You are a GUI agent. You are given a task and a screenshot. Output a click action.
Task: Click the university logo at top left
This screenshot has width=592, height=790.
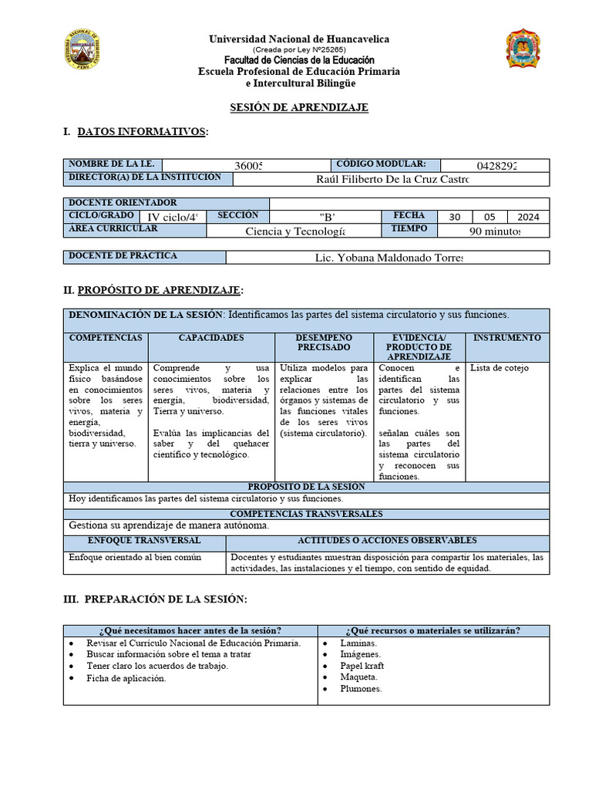click(x=80, y=52)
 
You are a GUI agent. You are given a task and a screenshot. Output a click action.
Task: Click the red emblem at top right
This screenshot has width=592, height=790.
click(x=523, y=51)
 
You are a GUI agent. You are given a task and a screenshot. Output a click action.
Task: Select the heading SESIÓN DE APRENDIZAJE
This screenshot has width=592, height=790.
click(x=300, y=107)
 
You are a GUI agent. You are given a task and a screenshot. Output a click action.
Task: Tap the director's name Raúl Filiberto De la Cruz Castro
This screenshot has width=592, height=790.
click(x=392, y=179)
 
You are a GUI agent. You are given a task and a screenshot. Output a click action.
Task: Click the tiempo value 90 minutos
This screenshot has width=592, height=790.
click(x=495, y=231)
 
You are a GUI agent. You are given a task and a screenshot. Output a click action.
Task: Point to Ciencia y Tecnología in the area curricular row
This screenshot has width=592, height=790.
click(x=295, y=231)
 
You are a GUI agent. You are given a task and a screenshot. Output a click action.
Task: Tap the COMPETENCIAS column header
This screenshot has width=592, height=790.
click(x=106, y=339)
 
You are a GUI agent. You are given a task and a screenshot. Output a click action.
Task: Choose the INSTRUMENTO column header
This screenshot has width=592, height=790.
click(x=506, y=339)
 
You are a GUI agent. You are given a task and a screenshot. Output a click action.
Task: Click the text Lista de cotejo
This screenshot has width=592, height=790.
click(x=499, y=368)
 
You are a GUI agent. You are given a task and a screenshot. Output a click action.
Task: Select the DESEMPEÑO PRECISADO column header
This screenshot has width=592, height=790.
click(x=323, y=343)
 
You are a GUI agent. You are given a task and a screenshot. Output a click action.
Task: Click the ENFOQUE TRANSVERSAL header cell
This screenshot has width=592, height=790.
click(x=144, y=541)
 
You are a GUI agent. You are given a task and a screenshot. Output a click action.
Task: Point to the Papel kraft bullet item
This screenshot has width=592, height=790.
click(x=362, y=666)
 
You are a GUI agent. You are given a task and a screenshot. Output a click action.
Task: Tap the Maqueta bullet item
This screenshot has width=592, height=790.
click(x=358, y=677)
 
